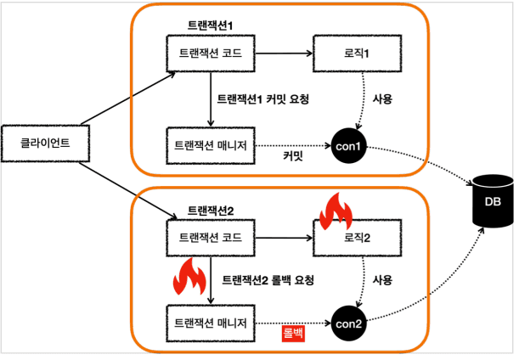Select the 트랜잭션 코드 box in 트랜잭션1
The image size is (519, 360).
[x=210, y=53]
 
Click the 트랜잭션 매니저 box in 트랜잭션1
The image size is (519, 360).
[x=210, y=145]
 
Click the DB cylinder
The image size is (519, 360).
[x=492, y=202]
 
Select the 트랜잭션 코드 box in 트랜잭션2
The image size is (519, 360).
[x=210, y=237]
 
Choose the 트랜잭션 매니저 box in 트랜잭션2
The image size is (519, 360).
[x=210, y=323]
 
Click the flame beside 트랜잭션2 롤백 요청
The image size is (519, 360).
[x=184, y=276]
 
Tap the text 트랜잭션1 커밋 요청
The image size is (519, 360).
[x=263, y=99]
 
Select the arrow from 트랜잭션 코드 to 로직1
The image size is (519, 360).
[x=284, y=53]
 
